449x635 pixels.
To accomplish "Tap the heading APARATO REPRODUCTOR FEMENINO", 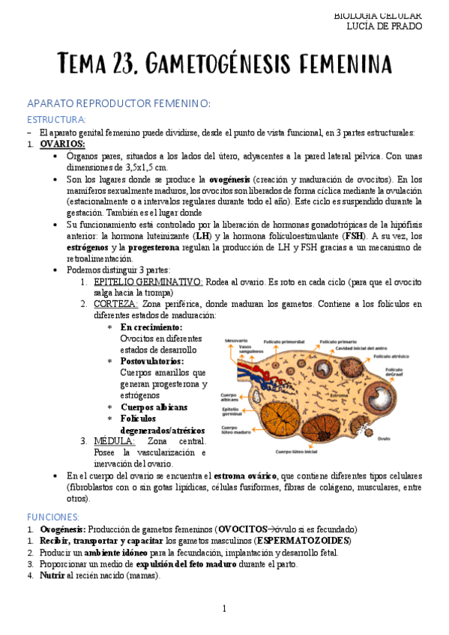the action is pos(118,103).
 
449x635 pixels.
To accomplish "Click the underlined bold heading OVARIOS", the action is pos(62,144).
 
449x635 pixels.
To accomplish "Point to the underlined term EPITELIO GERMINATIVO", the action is pos(148,281).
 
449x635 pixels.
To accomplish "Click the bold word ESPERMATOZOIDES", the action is pos(303,541).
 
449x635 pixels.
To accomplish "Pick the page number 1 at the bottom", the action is pos(224,608).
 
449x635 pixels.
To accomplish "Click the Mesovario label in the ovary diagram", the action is pos(236,341).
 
